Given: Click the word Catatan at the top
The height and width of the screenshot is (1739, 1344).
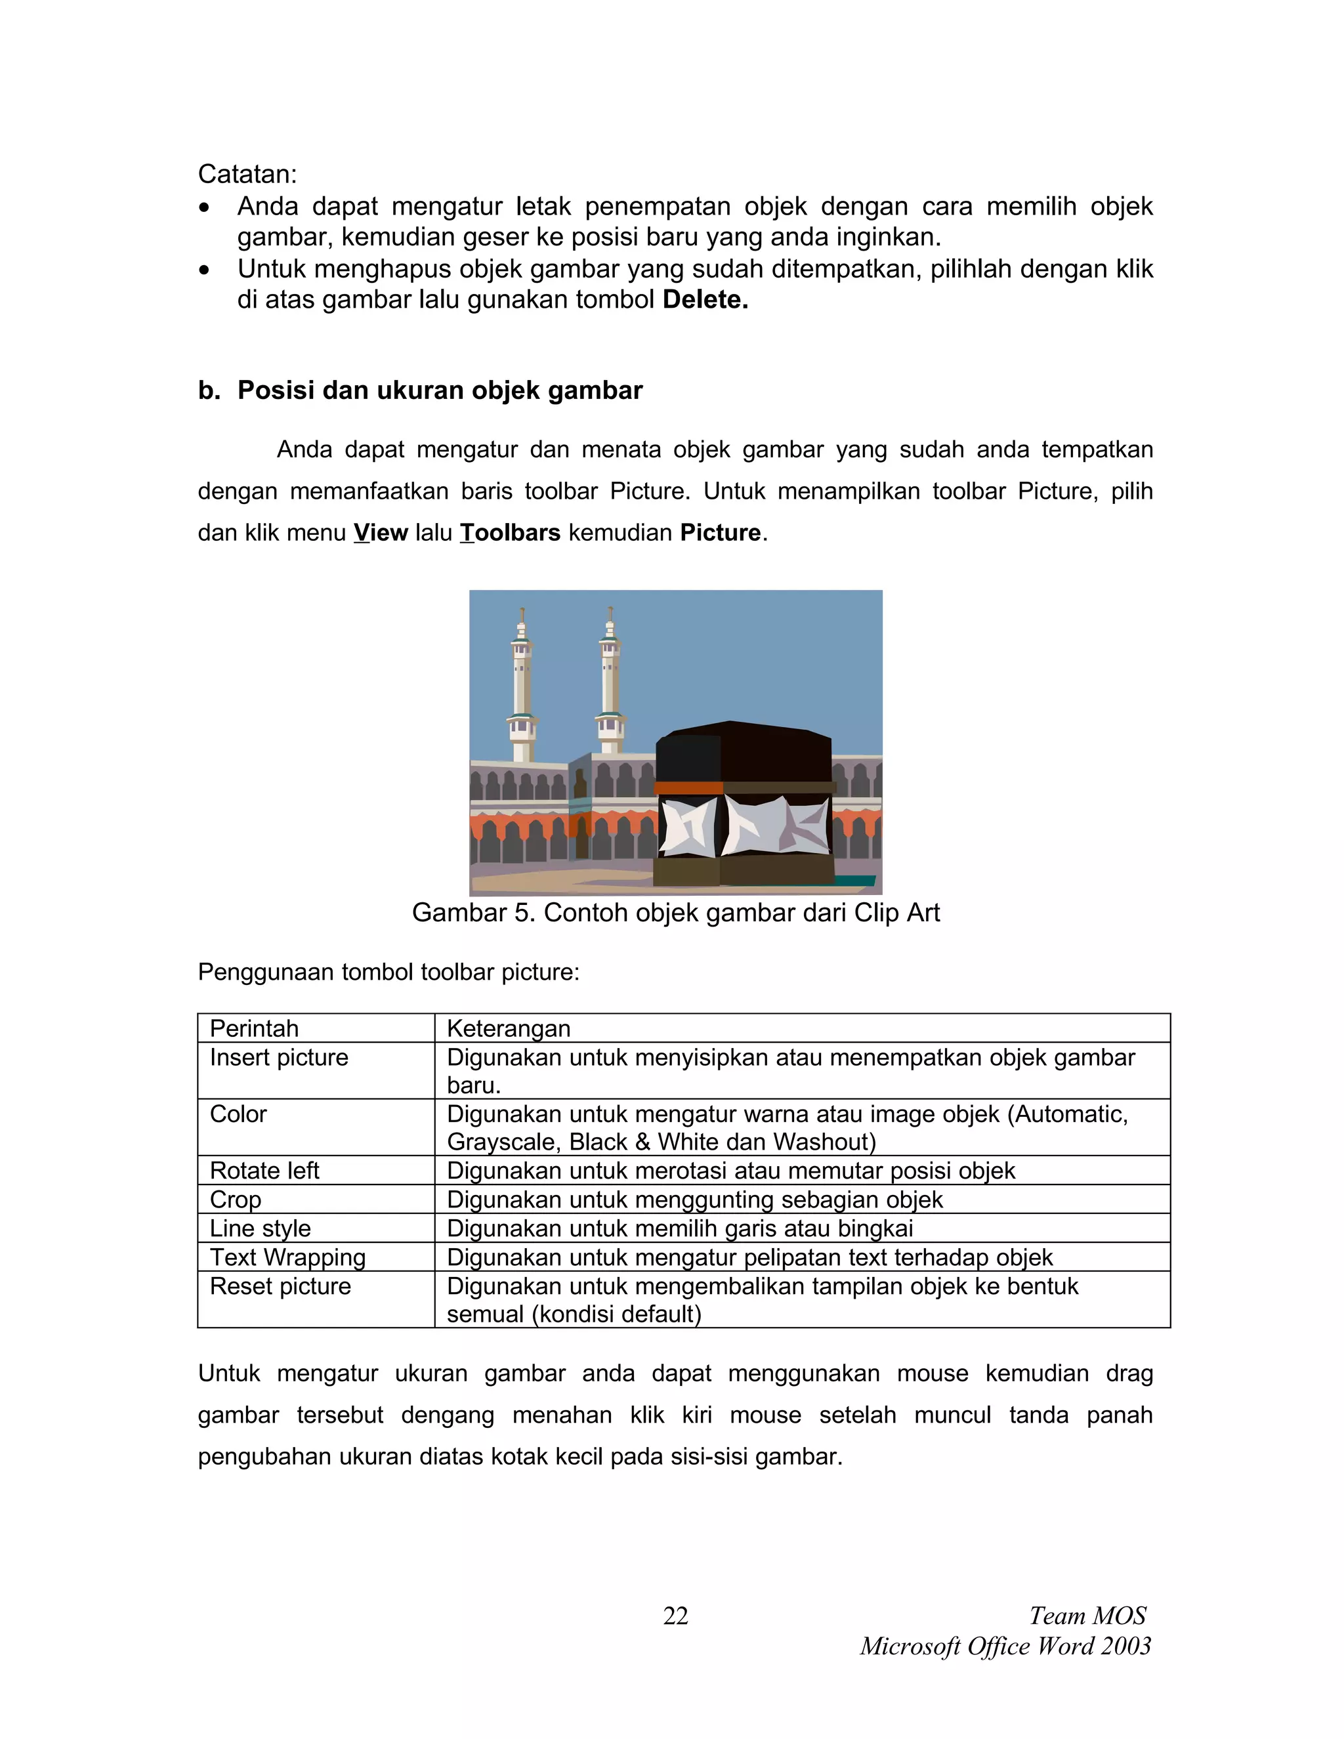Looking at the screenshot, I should [x=246, y=174].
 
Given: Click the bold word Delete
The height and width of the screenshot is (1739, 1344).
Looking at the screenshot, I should [x=705, y=300].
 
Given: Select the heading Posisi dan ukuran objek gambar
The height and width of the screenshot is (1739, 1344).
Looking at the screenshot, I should [x=440, y=390].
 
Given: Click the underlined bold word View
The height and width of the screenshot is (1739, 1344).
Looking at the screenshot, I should [x=381, y=533].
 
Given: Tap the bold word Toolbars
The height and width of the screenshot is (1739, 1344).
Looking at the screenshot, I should [x=511, y=533].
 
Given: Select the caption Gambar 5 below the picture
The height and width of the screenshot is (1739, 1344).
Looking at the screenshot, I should [x=675, y=913].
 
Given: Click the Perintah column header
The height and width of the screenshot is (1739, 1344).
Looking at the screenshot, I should [x=254, y=1029].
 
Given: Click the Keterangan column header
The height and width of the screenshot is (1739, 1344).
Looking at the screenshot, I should [x=509, y=1029].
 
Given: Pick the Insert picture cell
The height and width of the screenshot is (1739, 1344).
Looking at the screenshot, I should [x=279, y=1057].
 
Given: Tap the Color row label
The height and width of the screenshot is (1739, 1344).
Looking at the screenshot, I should [x=238, y=1114].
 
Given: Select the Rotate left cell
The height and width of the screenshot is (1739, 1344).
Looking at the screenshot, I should [x=264, y=1171].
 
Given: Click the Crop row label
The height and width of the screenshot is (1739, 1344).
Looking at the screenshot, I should [x=235, y=1199].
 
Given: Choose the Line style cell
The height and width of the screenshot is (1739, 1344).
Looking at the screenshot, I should [x=261, y=1228].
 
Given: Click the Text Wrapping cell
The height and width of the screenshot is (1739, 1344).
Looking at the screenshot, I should [x=287, y=1257].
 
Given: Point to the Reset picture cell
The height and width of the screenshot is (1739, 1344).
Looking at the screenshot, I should [x=280, y=1286].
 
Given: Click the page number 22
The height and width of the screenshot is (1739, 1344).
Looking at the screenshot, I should [x=675, y=1616].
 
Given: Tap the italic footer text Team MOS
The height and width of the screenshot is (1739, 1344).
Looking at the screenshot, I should [x=1087, y=1616].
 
